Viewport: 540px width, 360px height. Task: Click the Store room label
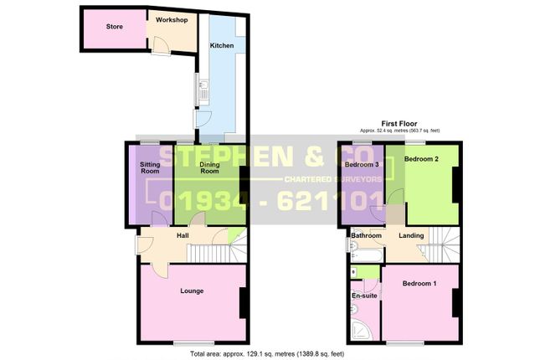pos(115,27)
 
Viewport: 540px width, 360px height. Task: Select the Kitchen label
pos(222,45)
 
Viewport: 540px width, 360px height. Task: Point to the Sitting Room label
pos(150,168)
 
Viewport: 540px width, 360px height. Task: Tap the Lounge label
pos(193,291)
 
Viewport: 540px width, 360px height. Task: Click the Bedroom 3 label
pos(363,165)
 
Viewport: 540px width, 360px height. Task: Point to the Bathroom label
pos(366,236)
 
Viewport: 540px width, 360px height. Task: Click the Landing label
pos(411,236)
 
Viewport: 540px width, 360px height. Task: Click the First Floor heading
pos(399,123)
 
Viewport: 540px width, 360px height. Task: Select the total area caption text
pos(267,354)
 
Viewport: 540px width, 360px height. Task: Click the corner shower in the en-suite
pos(359,332)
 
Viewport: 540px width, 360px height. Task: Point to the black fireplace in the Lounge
pos(243,302)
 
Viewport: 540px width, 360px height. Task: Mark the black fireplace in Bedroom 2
pos(456,185)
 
